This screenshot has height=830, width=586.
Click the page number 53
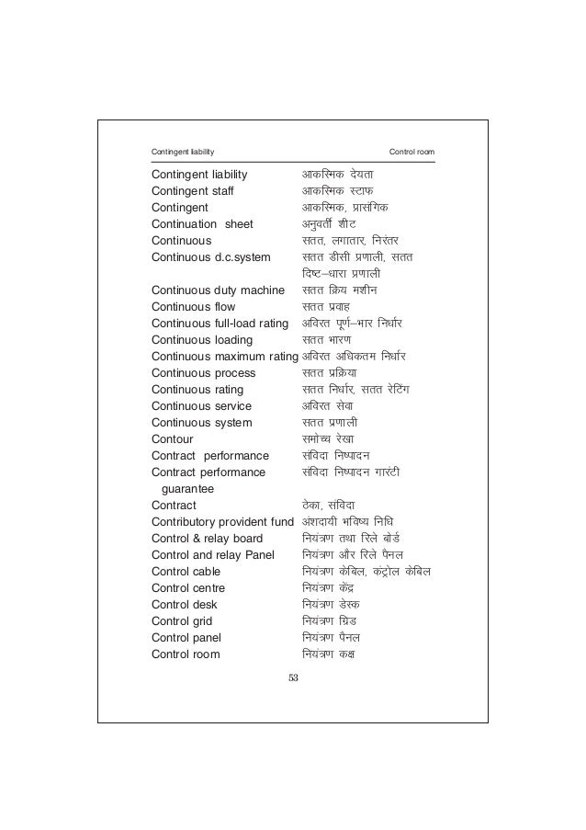click(x=293, y=678)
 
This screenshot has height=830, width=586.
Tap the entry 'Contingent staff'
click(x=193, y=191)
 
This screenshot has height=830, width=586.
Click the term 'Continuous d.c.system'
click(x=208, y=257)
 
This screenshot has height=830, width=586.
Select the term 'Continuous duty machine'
click(x=218, y=290)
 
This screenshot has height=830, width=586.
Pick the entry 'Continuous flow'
click(x=193, y=307)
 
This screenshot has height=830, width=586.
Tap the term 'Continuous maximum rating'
click(x=225, y=357)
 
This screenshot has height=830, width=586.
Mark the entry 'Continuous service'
click(x=201, y=406)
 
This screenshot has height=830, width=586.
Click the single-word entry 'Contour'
click(x=172, y=439)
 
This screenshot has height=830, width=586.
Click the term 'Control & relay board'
click(x=207, y=539)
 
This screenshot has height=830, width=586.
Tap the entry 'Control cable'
click(x=186, y=572)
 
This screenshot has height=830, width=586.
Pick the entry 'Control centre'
click(x=188, y=588)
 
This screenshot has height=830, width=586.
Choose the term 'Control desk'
click(x=184, y=605)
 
